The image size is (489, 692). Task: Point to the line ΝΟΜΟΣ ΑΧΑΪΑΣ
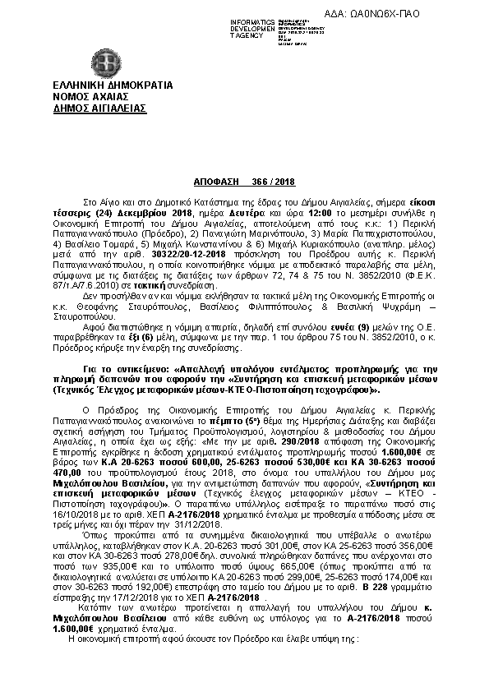(x=83, y=96)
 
